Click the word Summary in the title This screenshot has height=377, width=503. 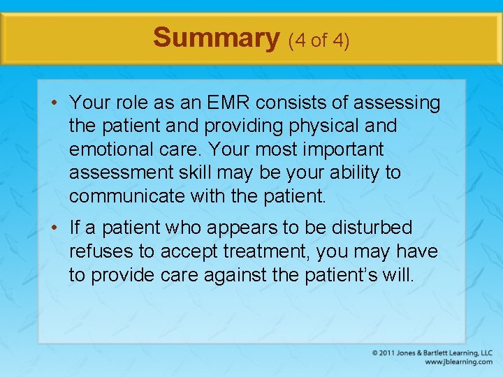[x=217, y=38]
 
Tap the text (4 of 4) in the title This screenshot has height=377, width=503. [x=319, y=40]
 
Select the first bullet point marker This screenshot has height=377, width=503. [x=54, y=104]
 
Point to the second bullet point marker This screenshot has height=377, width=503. [x=54, y=228]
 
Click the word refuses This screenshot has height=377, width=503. [x=96, y=251]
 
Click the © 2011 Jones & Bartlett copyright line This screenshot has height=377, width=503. [x=432, y=353]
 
